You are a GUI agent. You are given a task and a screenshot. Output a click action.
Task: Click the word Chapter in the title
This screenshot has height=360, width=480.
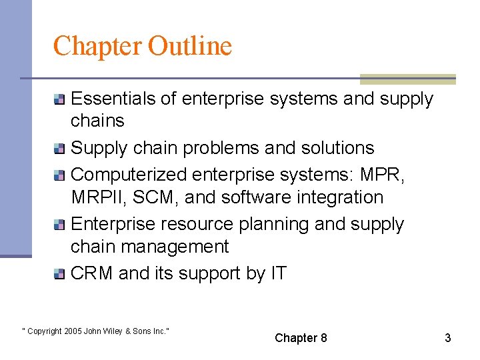click(x=98, y=46)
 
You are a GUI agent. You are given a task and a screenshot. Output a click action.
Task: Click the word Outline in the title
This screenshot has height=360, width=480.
click(x=190, y=46)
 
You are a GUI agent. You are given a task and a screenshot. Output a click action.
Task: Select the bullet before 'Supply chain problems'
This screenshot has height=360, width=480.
click(x=60, y=149)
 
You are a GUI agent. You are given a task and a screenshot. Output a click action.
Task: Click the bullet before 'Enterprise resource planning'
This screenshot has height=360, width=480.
click(x=60, y=225)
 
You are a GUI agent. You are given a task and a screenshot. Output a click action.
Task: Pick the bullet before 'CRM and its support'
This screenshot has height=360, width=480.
click(x=60, y=274)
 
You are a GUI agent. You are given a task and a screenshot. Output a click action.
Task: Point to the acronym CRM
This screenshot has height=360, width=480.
click(x=92, y=273)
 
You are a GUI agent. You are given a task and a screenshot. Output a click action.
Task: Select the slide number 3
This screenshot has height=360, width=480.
click(x=448, y=338)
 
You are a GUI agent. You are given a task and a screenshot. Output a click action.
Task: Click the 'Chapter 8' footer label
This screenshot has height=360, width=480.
click(x=301, y=338)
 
